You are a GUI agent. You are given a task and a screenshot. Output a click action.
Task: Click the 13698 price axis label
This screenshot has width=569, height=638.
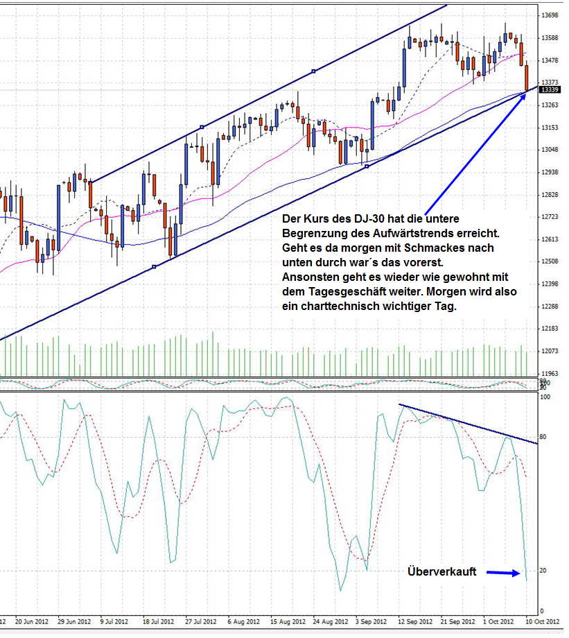pos(550,15)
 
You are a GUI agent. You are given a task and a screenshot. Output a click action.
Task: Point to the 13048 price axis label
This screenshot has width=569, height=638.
pos(550,150)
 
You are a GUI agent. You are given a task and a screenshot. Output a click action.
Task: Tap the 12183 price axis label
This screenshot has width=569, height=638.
pos(550,328)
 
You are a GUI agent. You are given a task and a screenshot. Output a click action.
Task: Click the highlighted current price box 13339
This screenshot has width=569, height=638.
pos(550,90)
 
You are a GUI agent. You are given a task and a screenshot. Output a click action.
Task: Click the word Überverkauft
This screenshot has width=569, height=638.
pos(441,572)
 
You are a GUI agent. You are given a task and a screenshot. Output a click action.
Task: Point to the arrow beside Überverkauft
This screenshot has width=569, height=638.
pos(503,573)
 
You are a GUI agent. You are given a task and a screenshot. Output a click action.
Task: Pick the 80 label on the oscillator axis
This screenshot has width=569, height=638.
pos(543,437)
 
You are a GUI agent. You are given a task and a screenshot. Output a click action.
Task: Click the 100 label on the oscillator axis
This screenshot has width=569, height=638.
pos(544,397)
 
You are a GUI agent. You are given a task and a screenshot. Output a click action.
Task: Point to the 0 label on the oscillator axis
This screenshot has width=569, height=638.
pos(541,610)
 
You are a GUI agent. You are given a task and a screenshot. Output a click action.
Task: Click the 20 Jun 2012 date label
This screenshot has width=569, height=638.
pos(31,621)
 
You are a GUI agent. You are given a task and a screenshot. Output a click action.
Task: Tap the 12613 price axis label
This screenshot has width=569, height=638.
pos(550,239)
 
